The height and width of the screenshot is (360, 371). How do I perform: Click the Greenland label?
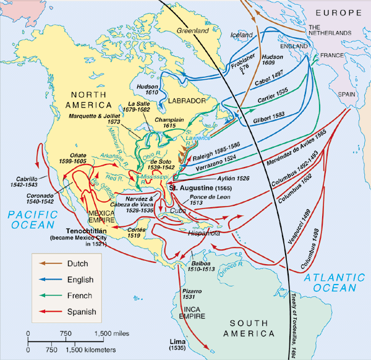(193, 30)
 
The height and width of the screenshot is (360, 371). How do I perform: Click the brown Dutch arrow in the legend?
(48, 263)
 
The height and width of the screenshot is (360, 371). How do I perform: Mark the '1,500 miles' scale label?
(112, 334)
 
